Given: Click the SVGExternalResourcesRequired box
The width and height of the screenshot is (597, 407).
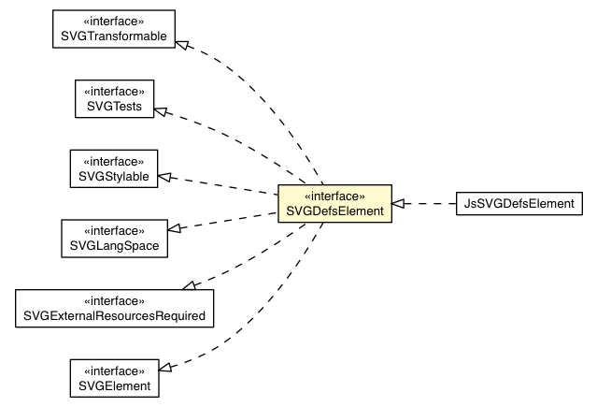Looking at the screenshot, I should (114, 308).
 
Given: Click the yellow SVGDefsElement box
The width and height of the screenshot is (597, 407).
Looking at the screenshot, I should (334, 204).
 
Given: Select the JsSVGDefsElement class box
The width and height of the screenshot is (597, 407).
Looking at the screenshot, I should (519, 203).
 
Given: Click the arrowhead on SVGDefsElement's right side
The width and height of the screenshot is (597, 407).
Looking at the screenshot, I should (398, 203).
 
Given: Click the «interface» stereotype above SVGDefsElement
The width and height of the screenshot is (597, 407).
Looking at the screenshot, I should (334, 196).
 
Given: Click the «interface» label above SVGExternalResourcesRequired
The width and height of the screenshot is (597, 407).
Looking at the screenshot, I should (114, 300).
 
